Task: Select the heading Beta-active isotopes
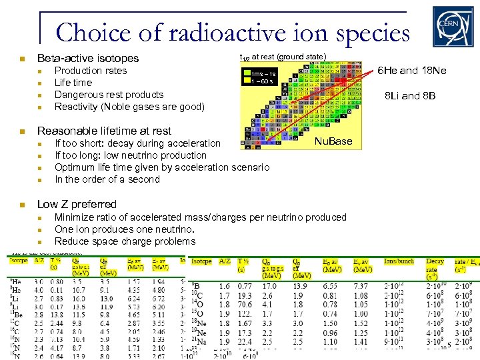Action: [x=88, y=58]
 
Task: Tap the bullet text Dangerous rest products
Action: [x=109, y=95]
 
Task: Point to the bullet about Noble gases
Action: [x=129, y=107]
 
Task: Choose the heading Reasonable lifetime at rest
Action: [x=104, y=131]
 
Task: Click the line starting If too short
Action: [x=137, y=143]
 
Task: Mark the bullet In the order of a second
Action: [x=107, y=179]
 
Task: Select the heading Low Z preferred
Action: [x=77, y=204]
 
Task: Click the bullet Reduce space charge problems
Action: [x=125, y=241]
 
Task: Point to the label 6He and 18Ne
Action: [x=412, y=71]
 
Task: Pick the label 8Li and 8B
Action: [x=410, y=96]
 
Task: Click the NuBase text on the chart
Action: [x=333, y=141]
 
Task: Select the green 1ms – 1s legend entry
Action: [x=262, y=73]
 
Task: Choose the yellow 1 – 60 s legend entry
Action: [x=261, y=81]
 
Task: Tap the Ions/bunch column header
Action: [x=399, y=262]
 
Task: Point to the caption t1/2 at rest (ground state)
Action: [x=283, y=57]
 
